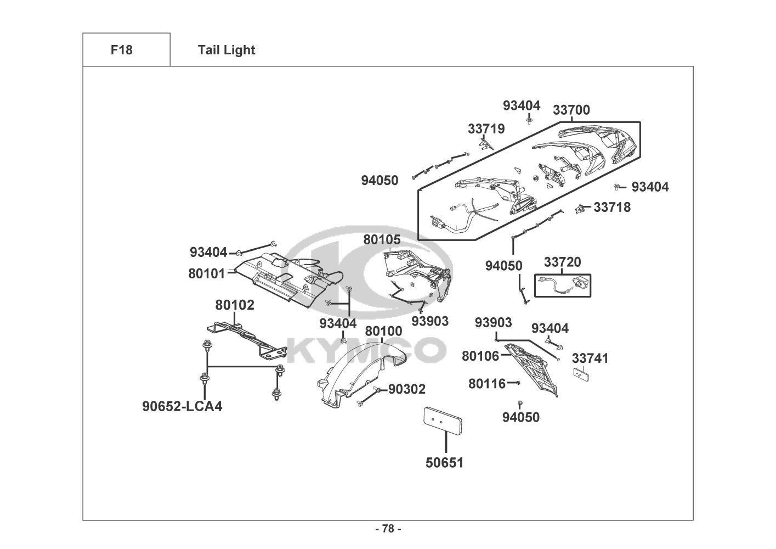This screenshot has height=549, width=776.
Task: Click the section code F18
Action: (x=122, y=50)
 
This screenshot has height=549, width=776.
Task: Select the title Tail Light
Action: (x=226, y=51)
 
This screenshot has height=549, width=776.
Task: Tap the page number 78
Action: (x=388, y=529)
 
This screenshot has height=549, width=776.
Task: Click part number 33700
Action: (x=571, y=110)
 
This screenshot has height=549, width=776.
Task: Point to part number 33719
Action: (x=486, y=129)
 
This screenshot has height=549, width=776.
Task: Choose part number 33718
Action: (x=612, y=208)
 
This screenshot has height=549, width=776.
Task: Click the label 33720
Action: (x=562, y=262)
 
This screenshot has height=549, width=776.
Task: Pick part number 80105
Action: (x=382, y=240)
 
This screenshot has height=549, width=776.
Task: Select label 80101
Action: (x=207, y=273)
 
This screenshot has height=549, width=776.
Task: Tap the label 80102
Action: (x=235, y=305)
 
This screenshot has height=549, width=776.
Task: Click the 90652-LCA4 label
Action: (x=182, y=406)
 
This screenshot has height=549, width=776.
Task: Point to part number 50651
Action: (x=444, y=463)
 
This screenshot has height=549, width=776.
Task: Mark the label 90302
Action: (x=407, y=389)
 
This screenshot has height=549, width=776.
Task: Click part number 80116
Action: (x=487, y=384)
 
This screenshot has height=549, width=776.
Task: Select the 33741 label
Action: (x=590, y=358)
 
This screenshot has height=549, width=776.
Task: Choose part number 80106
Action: (x=480, y=356)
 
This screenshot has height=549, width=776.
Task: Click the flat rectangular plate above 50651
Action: (x=443, y=421)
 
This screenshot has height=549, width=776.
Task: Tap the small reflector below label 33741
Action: (x=581, y=375)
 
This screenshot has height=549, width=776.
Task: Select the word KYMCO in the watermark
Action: (x=366, y=350)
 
